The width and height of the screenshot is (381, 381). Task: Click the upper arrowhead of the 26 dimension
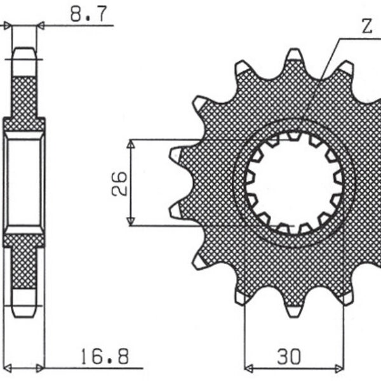pyautogui.click(x=130, y=144)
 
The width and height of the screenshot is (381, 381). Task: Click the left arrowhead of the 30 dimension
pyautogui.click(x=248, y=368)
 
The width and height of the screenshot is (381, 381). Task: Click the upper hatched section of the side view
pyautogui.click(x=25, y=95)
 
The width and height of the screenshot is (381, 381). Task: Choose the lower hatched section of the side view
pyautogui.click(x=25, y=267)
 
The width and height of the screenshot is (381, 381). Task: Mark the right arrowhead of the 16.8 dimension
pyautogui.click(x=42, y=367)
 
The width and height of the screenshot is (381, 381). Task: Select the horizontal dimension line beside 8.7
pyautogui.click(x=76, y=26)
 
